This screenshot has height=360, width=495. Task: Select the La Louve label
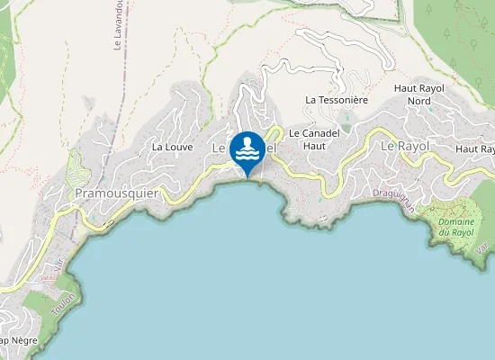[172, 147]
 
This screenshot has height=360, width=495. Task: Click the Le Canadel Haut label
[313, 139]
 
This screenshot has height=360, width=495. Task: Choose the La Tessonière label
[337, 100]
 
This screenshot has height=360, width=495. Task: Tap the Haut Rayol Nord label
[418, 94]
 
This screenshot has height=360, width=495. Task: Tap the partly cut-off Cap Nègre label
[18, 341]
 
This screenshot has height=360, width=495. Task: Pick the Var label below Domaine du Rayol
[481, 247]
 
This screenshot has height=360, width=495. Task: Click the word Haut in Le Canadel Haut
[313, 145]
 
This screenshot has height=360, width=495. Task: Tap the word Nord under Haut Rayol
[418, 101]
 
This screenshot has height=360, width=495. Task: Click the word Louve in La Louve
[178, 147]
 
